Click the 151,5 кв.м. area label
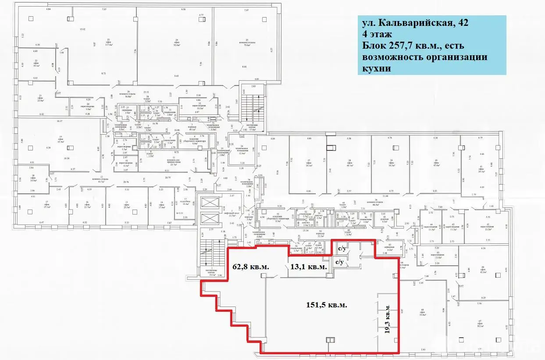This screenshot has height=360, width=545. [x=327, y=306]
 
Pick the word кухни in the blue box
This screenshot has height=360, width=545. [x=375, y=69]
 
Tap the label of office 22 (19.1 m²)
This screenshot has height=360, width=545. [x=36, y=63]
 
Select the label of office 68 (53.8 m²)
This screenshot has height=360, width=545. [x=423, y=312]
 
